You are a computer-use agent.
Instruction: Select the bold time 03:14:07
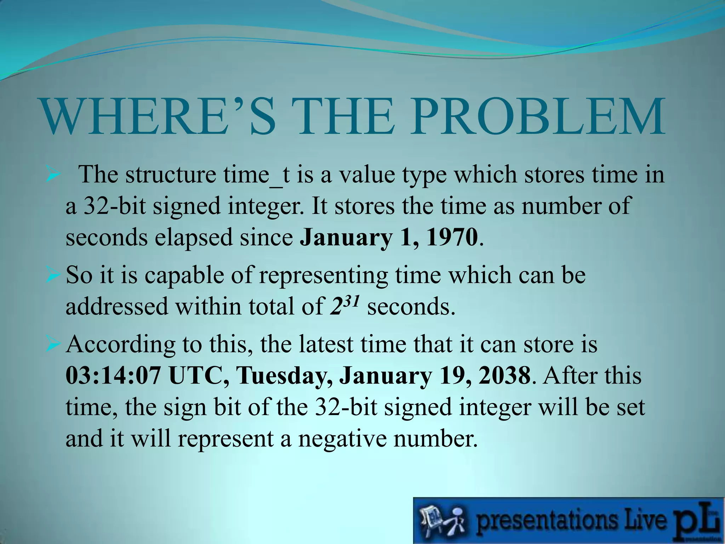click(113, 376)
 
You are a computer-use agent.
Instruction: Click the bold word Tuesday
click(285, 376)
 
